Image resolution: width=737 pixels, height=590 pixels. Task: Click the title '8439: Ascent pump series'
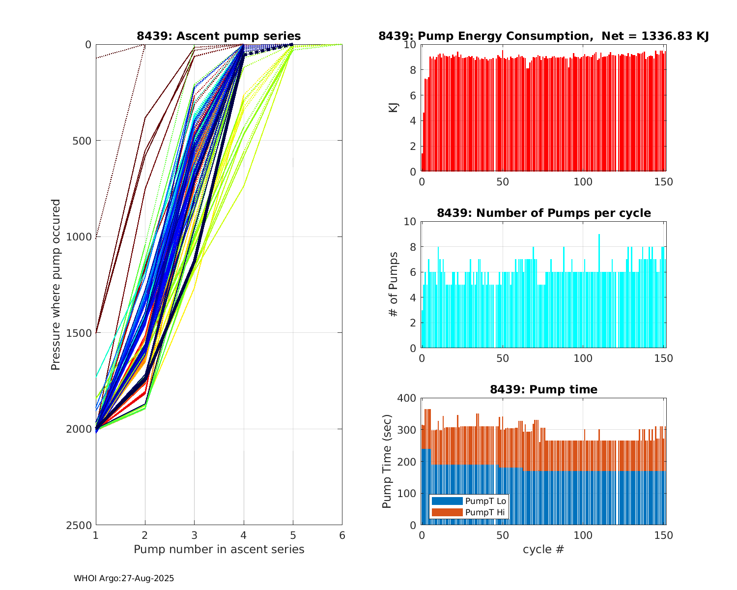point(219,36)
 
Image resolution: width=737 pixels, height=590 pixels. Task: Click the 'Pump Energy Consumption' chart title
point(543,36)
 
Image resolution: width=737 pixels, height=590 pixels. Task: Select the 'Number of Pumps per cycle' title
point(543,213)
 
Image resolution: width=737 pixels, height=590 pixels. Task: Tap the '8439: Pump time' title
point(543,389)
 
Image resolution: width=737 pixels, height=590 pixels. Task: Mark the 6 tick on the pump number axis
point(342,535)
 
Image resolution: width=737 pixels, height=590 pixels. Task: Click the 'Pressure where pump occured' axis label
point(56,285)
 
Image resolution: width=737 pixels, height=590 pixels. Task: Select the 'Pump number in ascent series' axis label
point(219,549)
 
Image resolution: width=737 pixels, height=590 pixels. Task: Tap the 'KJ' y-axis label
point(394,108)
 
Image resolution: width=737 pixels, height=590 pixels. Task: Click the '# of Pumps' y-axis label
point(394,285)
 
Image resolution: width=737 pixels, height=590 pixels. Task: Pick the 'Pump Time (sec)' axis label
point(387,461)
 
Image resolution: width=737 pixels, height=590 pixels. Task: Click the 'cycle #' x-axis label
point(543,549)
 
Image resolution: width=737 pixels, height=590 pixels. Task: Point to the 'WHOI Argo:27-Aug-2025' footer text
point(124,579)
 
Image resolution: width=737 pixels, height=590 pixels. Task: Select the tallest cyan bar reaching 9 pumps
point(599,291)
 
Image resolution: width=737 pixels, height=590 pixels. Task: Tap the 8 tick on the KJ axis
point(413,70)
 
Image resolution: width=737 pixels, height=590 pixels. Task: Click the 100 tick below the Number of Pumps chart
point(583,358)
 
